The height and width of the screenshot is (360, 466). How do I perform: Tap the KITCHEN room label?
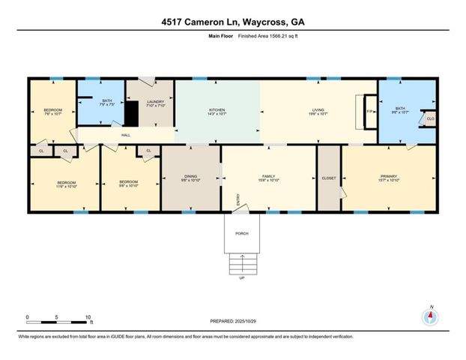click(x=217, y=111)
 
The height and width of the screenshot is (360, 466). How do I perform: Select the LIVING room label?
click(x=318, y=111)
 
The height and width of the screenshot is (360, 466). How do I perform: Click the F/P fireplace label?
click(x=369, y=112)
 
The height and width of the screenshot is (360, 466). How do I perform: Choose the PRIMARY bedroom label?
click(x=387, y=177)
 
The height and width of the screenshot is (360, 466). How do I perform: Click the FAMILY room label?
click(x=268, y=177)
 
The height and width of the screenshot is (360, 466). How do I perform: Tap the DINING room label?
click(x=190, y=177)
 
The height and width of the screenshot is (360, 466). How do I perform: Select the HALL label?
click(x=126, y=136)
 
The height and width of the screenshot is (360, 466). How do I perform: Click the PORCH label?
click(x=241, y=233)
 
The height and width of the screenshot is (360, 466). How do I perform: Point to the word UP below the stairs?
click(x=241, y=278)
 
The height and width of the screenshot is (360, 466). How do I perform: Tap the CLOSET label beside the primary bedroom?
click(x=329, y=178)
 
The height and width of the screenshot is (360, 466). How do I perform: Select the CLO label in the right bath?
click(x=430, y=119)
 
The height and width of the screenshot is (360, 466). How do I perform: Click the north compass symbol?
click(x=430, y=316)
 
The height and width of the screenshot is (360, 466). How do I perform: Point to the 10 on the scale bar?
click(x=88, y=316)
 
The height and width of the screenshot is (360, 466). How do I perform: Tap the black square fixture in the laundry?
click(x=133, y=115)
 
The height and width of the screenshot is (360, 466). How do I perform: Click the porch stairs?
click(x=241, y=263)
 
